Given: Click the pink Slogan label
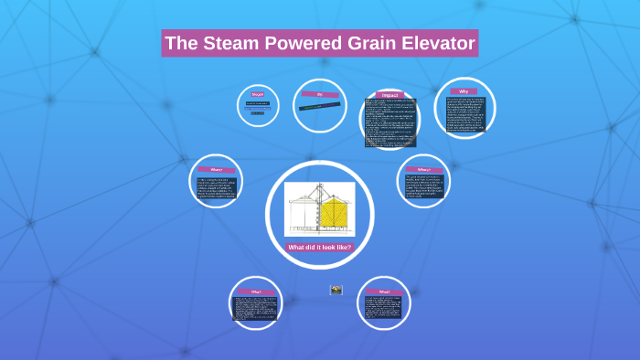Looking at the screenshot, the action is pos(258,94).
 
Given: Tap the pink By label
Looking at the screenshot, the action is pos(320,93).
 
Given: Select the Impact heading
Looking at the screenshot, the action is pos(390,95).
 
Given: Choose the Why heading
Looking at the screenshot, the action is pos(464,91).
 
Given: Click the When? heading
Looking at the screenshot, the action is pos(217,169).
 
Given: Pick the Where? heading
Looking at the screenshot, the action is pos(423,169).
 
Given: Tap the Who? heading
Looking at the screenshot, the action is pos(256,291).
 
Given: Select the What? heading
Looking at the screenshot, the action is pos(384,291).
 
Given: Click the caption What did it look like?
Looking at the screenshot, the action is pos(319,247).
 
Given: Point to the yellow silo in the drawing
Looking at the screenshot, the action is pos(334,213).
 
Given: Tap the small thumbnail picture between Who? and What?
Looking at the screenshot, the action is pos(336,290).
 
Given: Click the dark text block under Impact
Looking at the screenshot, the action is pos(390,123).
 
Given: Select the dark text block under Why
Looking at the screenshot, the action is pos(464,114).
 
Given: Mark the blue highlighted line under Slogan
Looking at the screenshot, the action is pos(257,113).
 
